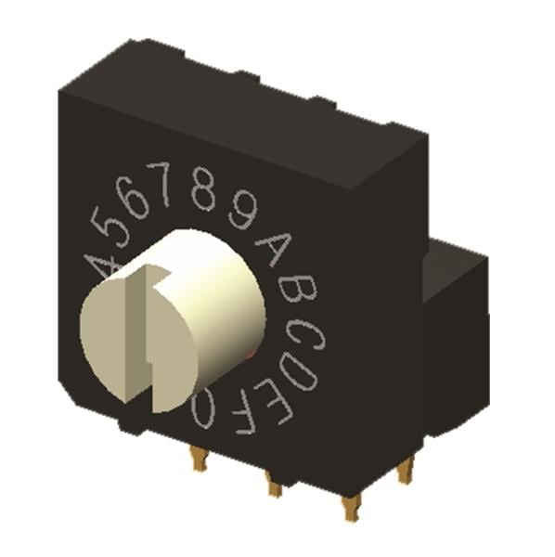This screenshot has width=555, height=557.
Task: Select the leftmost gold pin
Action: click(x=197, y=458)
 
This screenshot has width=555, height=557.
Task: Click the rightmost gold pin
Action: click(x=405, y=471)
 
